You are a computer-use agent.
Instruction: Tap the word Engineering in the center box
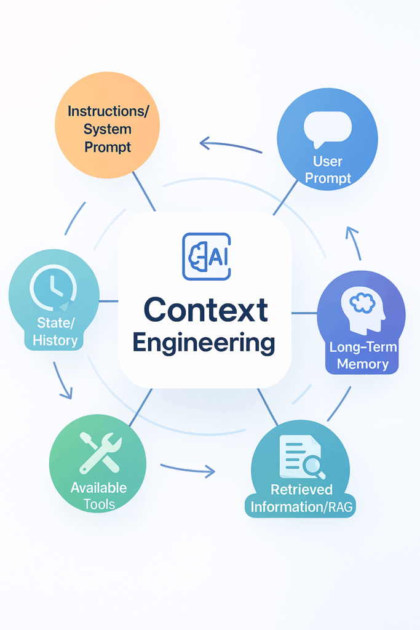tap(204, 343)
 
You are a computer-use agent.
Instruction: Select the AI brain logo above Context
tap(206, 257)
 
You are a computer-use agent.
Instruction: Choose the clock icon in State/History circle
tap(53, 289)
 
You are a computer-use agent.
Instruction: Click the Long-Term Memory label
tap(363, 356)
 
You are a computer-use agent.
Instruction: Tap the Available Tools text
tap(98, 496)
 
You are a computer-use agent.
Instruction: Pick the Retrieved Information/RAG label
tap(301, 498)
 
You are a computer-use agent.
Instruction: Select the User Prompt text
tap(327, 170)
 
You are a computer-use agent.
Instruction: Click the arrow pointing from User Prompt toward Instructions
tap(230, 146)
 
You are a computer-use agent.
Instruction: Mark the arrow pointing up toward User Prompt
tap(354, 242)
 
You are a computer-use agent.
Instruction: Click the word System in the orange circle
tap(108, 129)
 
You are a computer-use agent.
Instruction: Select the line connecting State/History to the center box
tap(108, 301)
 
